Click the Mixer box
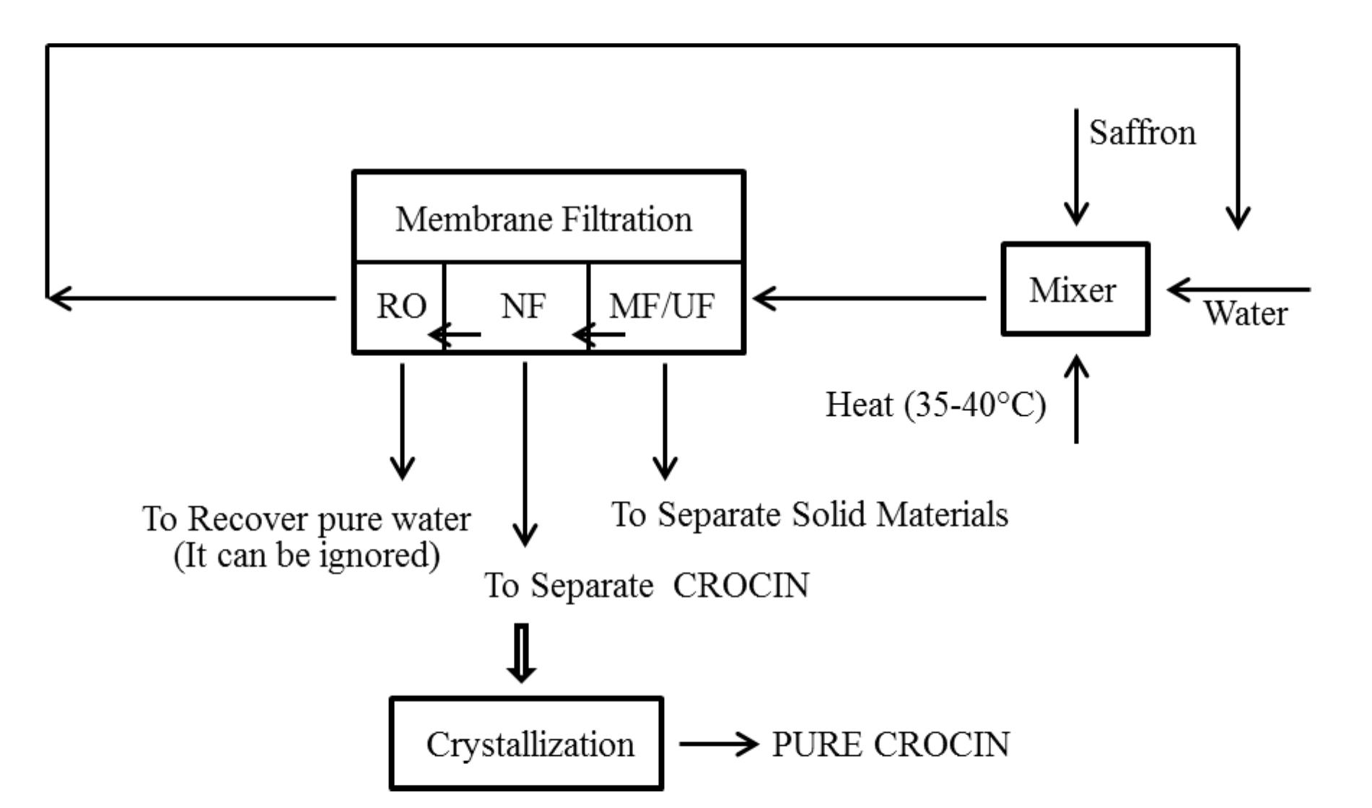(x=1075, y=290)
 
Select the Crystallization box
(x=526, y=744)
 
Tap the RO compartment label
(x=401, y=306)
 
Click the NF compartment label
(x=523, y=306)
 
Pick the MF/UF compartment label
(x=662, y=306)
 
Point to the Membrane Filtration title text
(x=543, y=219)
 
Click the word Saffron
(x=1142, y=133)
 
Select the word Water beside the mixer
(x=1245, y=314)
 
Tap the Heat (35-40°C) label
(x=935, y=404)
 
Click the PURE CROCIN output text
(x=891, y=744)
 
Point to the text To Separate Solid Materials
(x=809, y=515)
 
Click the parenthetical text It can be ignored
(x=307, y=556)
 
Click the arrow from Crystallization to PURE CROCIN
(x=719, y=744)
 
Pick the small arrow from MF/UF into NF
(x=599, y=334)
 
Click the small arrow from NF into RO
(x=455, y=334)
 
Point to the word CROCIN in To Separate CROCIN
(x=741, y=585)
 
